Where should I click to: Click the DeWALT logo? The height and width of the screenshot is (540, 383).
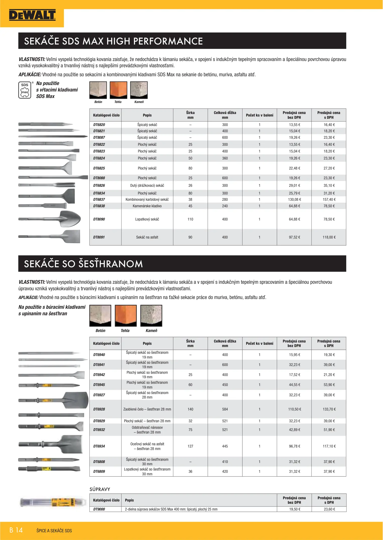[x=32, y=15]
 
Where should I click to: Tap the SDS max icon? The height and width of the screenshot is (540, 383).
[x=25, y=90]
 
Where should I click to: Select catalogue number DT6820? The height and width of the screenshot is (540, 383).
[x=99, y=125]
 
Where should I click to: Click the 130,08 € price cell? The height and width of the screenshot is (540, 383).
[x=294, y=199]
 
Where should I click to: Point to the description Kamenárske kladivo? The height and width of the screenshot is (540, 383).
[x=147, y=206]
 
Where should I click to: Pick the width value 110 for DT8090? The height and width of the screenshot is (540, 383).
[x=190, y=219]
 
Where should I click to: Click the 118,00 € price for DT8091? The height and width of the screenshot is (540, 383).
[x=329, y=237]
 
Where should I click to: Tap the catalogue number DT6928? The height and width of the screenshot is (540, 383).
[x=99, y=409]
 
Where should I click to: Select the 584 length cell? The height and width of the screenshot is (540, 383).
[x=225, y=409]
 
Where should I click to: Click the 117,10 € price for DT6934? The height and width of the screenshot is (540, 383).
[x=329, y=446]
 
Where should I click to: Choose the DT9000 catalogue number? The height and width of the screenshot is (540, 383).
[x=99, y=509]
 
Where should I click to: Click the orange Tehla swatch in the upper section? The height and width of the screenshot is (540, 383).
[x=118, y=90]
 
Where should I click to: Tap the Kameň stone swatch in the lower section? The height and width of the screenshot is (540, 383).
[x=151, y=315]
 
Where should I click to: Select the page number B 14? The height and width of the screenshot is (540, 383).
[x=16, y=530]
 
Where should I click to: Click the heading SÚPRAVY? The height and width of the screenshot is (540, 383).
[x=100, y=489]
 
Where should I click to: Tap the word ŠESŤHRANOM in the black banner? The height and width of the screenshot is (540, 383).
[x=111, y=264]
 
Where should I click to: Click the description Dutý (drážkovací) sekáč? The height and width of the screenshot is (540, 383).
[x=147, y=185]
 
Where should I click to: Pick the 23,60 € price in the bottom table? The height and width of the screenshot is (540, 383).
[x=329, y=509]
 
